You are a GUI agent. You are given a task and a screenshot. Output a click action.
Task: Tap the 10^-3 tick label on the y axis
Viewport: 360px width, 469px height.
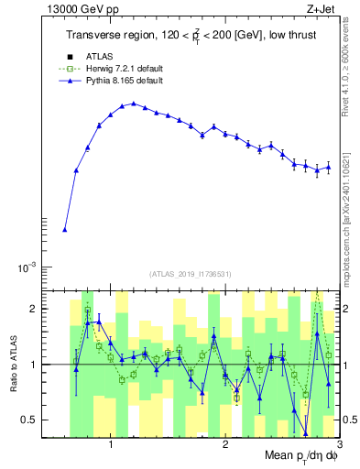32,267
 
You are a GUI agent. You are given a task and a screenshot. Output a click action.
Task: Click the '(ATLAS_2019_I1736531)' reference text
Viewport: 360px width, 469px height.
191,274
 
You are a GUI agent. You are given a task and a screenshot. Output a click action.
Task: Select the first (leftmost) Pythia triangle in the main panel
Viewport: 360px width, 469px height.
65,230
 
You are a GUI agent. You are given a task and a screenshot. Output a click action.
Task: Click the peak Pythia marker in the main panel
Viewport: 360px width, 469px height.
134,104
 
